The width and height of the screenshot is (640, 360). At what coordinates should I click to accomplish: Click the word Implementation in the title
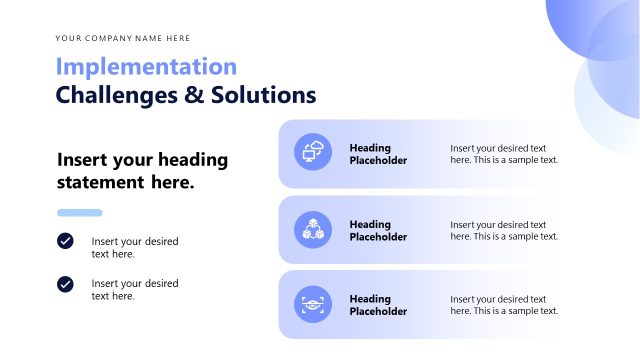click(146, 67)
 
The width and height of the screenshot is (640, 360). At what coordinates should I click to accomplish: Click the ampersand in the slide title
click(190, 95)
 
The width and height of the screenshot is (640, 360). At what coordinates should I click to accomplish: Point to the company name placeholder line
click(123, 39)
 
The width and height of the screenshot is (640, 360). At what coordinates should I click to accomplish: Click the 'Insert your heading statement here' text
click(142, 171)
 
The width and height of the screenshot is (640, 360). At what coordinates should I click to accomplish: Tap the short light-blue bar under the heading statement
click(80, 213)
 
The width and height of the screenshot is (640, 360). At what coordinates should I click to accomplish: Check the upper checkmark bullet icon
click(65, 241)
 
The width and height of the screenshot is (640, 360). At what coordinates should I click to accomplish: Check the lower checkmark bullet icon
click(65, 284)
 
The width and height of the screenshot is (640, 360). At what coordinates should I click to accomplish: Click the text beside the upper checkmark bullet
click(135, 247)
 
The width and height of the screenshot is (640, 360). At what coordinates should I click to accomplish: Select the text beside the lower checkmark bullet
click(135, 289)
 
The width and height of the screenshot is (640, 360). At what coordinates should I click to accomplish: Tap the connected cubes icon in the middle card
click(313, 229)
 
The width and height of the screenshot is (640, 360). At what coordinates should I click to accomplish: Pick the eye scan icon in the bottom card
click(313, 304)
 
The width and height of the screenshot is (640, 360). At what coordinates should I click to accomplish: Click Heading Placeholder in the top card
click(378, 154)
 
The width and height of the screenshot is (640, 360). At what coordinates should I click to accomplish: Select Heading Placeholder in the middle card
click(378, 231)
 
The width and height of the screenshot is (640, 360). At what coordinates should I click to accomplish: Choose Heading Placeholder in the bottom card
click(378, 305)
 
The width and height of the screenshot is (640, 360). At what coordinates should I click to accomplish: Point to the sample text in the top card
click(504, 154)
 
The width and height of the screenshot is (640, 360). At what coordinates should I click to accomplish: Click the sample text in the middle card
click(504, 231)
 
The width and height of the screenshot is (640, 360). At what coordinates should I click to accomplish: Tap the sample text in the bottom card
click(504, 305)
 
